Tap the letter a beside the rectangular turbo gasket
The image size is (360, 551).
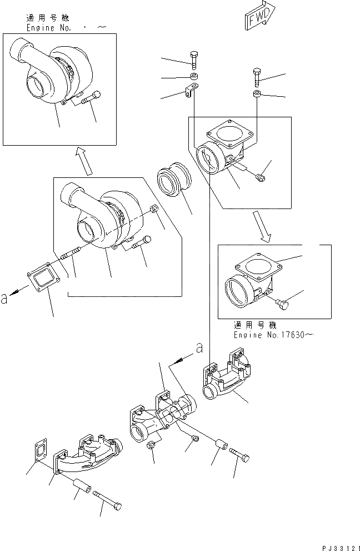pyautogui.click(x=5, y=297)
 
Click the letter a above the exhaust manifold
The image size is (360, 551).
pyautogui.click(x=198, y=349)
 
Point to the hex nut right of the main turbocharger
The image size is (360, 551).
pyautogui.click(x=156, y=209)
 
